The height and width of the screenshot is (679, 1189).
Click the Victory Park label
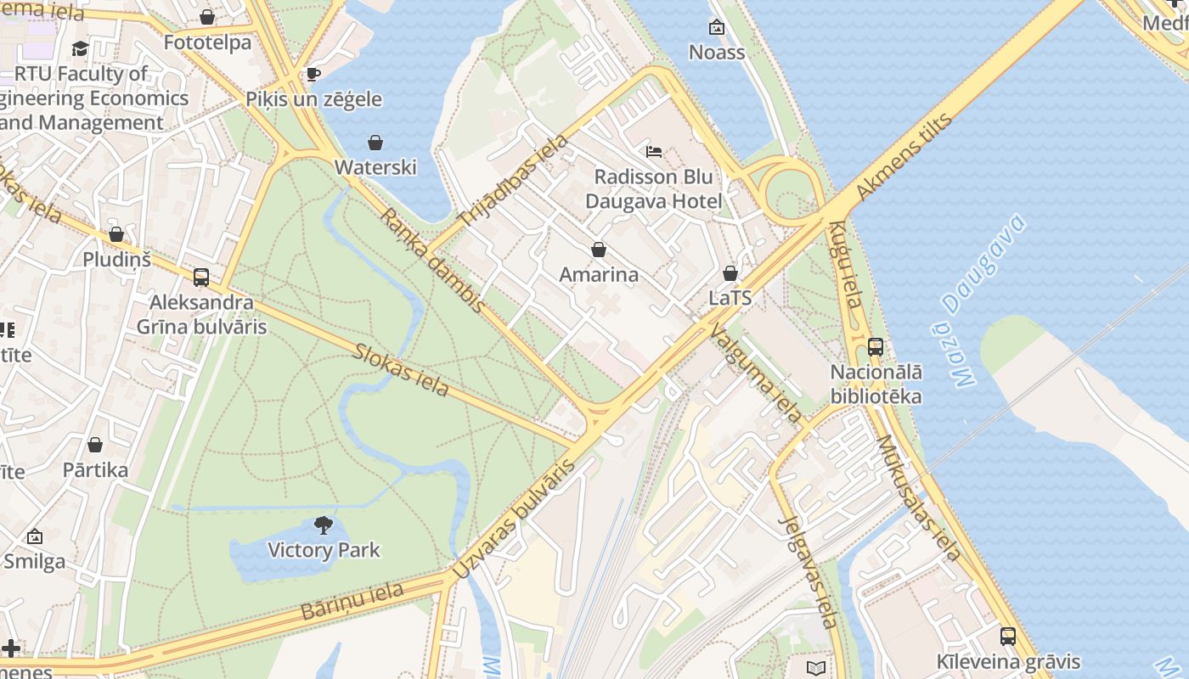coord(324,550)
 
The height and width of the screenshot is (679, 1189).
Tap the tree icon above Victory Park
coord(323,525)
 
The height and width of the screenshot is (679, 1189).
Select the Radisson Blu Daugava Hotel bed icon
coord(653,152)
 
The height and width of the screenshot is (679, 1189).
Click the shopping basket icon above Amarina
coord(598,250)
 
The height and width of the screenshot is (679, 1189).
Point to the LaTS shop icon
coord(730,273)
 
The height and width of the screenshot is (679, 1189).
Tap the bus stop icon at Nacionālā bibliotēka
coord(876,346)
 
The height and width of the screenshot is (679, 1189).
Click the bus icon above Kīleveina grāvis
coord(1007,636)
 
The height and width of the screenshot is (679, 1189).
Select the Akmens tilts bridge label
coord(904,157)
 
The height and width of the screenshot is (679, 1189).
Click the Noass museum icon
coord(717,27)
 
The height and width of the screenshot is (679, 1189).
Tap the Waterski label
coord(375,166)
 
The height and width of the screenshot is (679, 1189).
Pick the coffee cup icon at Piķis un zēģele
coord(313,74)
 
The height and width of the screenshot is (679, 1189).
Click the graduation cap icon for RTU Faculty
coord(80,48)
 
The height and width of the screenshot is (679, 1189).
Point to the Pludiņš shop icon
coord(116,234)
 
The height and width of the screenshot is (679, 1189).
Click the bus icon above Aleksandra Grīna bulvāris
coord(201,277)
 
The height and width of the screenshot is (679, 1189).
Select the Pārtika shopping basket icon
coord(95,445)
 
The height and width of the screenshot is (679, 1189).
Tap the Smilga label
coord(34,561)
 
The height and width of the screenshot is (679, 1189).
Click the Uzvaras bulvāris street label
coord(514,519)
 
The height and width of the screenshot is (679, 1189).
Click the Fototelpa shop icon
coord(207,17)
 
